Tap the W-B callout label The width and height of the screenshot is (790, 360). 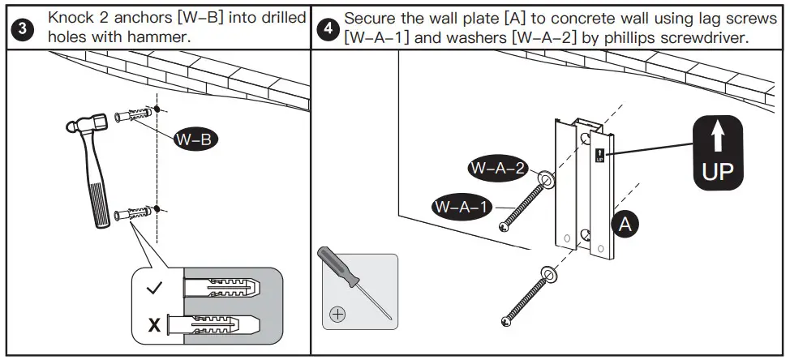tap(195, 139)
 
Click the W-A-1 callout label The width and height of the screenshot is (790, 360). tap(462, 206)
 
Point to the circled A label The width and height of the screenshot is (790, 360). tap(625, 224)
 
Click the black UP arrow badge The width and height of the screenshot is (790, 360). tap(717, 152)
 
